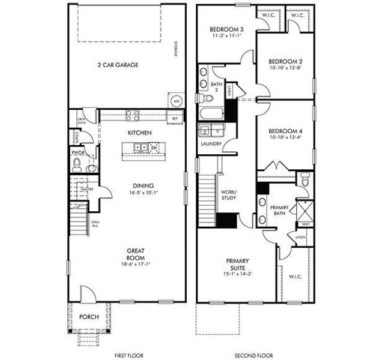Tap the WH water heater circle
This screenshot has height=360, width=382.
pyautogui.click(x=176, y=101)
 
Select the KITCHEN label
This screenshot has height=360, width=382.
pyautogui.click(x=139, y=132)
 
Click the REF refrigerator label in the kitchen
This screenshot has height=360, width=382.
pyautogui.click(x=175, y=118)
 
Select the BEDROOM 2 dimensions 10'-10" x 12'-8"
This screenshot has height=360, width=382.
pyautogui.click(x=284, y=68)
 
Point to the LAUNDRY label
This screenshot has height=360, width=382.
pyautogui.click(x=211, y=144)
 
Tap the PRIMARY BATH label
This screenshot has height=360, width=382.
pyautogui.click(x=279, y=211)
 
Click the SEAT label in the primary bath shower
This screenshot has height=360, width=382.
pyautogui.click(x=305, y=224)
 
